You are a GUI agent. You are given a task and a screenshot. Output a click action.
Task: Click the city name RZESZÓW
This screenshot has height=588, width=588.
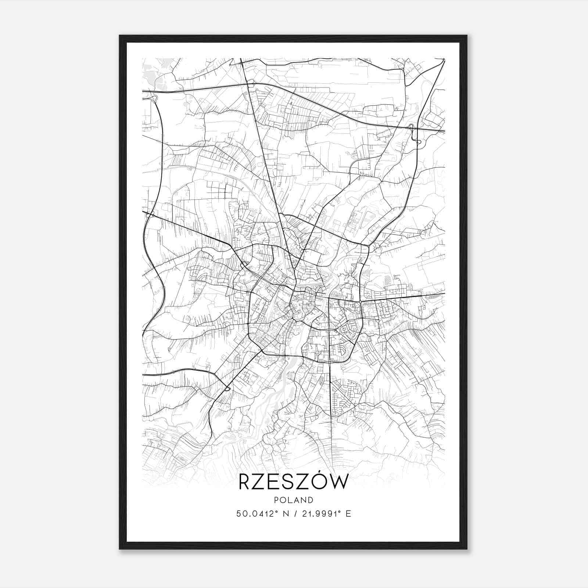293,482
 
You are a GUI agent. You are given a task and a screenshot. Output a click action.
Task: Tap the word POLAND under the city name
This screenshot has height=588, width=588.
294,500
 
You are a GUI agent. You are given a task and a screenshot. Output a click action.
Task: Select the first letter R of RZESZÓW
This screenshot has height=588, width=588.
246,482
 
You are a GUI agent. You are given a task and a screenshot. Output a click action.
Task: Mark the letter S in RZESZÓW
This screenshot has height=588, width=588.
288,482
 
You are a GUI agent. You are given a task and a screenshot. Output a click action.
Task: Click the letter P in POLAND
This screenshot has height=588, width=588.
276,500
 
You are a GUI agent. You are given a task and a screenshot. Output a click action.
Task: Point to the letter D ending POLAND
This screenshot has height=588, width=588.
311,500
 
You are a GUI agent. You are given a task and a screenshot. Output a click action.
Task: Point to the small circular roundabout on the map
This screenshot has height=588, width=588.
361,302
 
